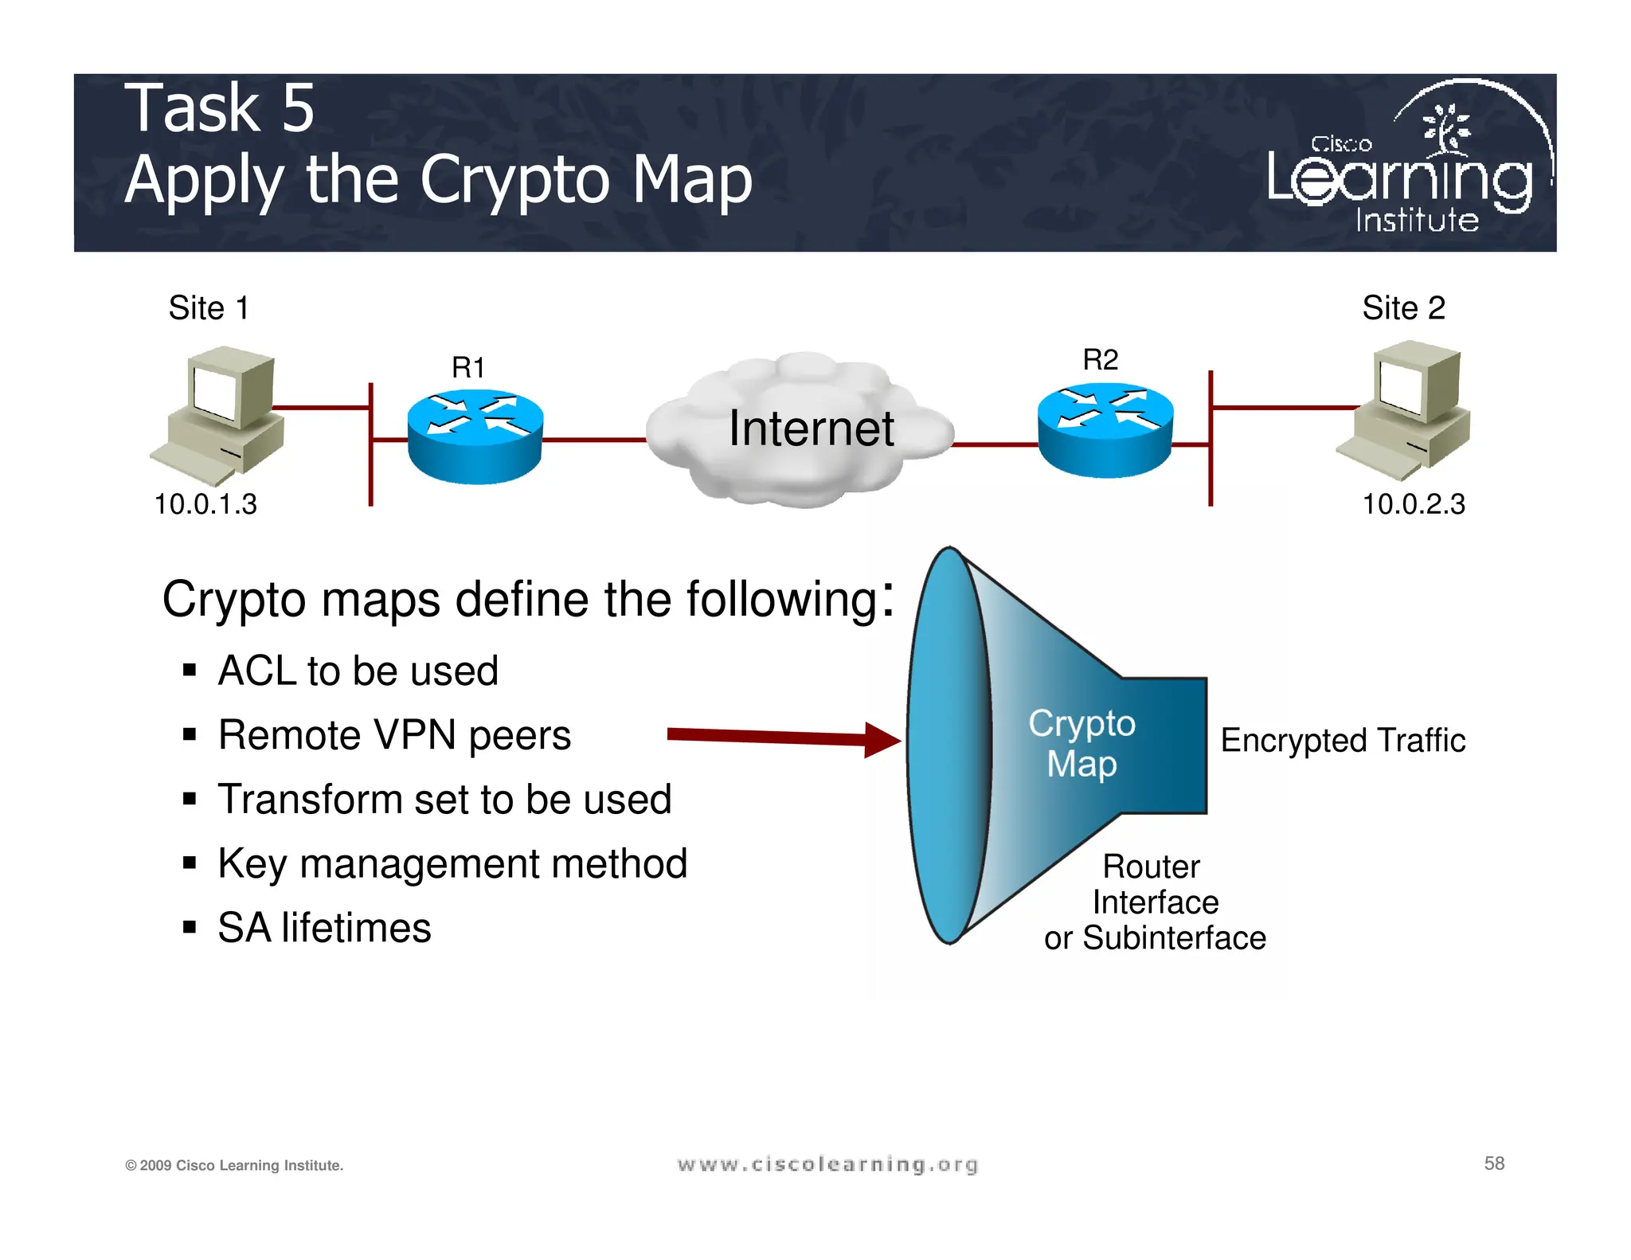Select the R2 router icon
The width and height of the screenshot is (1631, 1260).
(1105, 430)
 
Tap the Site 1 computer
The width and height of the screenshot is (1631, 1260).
(221, 414)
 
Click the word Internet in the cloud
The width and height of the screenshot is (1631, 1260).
(811, 428)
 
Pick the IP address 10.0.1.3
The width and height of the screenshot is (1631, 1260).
(205, 504)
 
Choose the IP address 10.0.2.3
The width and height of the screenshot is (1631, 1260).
(1414, 504)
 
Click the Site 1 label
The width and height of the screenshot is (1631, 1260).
(209, 308)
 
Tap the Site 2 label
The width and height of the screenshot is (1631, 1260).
(1403, 308)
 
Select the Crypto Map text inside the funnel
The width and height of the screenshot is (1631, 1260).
(1081, 743)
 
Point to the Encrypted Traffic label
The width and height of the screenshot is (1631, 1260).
(1343, 741)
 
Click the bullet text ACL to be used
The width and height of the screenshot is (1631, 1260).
(358, 671)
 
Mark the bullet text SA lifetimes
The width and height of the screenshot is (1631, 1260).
(324, 928)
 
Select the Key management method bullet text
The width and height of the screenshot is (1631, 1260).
(452, 863)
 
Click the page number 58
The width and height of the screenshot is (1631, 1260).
(1494, 1164)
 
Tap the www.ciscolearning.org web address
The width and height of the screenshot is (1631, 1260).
(827, 1164)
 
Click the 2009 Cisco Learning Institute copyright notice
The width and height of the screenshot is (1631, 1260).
(234, 1165)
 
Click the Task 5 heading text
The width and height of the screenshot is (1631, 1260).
(220, 108)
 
